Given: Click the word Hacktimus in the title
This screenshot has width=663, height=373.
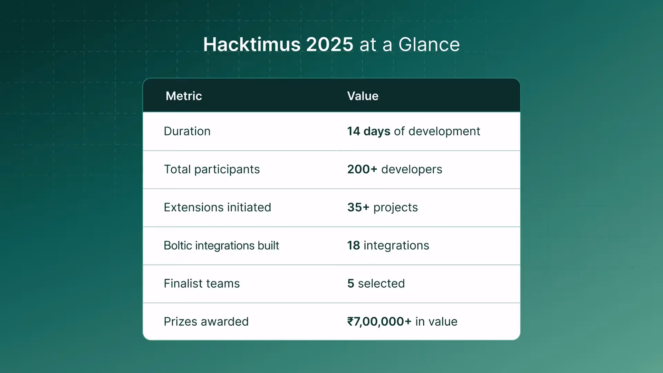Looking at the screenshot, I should (x=252, y=45).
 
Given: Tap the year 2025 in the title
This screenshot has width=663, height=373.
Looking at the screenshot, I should (x=329, y=45).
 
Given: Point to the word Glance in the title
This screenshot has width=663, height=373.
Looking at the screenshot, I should (x=429, y=45).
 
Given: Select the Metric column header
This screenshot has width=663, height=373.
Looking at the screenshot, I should (x=184, y=96).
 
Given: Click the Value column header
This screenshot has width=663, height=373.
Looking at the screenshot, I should (x=363, y=96).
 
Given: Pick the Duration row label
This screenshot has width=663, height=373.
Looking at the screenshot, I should (x=187, y=131).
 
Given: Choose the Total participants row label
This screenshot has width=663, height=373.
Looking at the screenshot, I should (x=212, y=169).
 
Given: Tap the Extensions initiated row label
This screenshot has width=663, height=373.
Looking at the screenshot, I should (x=217, y=207).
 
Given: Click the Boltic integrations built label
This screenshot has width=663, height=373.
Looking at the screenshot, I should (x=221, y=246).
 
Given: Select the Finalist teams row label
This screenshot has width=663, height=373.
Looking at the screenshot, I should (x=202, y=284).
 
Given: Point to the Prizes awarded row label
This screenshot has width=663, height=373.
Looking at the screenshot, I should (x=206, y=322).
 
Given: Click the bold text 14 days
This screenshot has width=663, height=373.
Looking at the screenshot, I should (x=368, y=131).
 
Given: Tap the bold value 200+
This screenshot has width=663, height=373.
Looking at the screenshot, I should (x=362, y=169).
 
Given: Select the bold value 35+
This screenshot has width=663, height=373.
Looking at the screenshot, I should (x=358, y=207).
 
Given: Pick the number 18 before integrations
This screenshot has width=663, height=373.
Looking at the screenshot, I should (x=354, y=246).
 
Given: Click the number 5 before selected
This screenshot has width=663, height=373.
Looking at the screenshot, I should (x=350, y=284).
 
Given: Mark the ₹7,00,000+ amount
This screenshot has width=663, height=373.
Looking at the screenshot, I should (x=379, y=322).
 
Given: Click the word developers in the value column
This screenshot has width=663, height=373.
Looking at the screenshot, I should (x=412, y=169).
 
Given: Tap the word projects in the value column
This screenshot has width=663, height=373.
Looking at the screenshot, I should (x=395, y=208).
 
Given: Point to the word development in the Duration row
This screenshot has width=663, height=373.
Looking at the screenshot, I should (x=444, y=132).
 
